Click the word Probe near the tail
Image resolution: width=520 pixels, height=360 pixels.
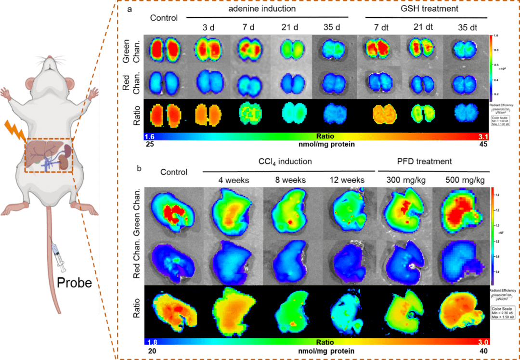tap(74, 282)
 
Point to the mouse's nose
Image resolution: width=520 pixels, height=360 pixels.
tap(50, 58)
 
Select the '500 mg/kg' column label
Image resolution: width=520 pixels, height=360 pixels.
tap(459, 180)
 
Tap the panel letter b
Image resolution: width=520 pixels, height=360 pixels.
tap(140, 169)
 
